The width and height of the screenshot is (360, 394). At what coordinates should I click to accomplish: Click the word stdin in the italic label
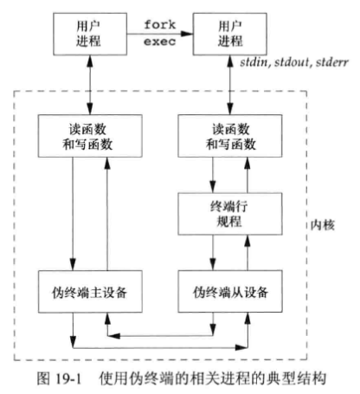point(258,66)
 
